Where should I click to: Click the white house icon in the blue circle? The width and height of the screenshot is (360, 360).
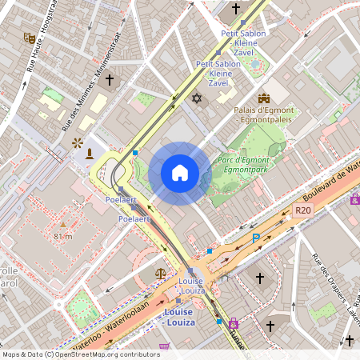[180, 173]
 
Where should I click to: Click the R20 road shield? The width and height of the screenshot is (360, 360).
[302, 210]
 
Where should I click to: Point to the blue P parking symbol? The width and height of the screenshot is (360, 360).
[256, 238]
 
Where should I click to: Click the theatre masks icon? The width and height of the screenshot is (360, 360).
[29, 38]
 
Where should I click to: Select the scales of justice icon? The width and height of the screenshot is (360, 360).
[162, 273]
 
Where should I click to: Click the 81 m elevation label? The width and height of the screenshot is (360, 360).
[63, 236]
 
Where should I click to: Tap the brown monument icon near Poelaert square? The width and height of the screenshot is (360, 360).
[90, 153]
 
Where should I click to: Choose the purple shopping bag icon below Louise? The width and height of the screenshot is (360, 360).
[234, 323]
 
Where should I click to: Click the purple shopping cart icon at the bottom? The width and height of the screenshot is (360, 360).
[165, 346]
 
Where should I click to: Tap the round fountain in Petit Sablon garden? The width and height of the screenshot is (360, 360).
[258, 64]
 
